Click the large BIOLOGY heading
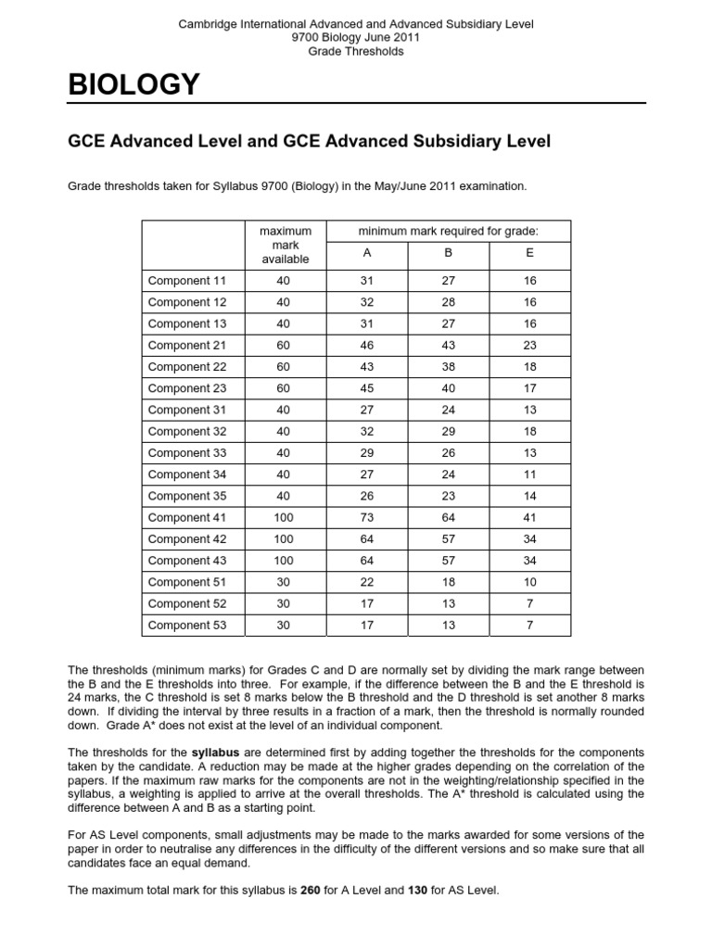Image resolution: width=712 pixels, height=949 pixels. [x=133, y=85]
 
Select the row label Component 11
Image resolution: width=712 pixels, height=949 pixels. [x=186, y=280]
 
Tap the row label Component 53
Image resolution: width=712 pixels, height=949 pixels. [x=186, y=625]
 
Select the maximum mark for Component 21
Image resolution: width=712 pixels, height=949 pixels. [x=284, y=345]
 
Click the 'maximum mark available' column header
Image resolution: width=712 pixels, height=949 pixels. [x=284, y=245]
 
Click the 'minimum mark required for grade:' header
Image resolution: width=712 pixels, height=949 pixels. [x=449, y=230]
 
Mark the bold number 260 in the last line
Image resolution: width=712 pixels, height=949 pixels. [x=311, y=891]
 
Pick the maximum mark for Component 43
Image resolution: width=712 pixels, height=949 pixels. [x=284, y=561]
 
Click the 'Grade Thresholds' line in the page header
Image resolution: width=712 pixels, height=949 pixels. [x=355, y=52]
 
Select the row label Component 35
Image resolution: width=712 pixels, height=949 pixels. [x=186, y=496]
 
